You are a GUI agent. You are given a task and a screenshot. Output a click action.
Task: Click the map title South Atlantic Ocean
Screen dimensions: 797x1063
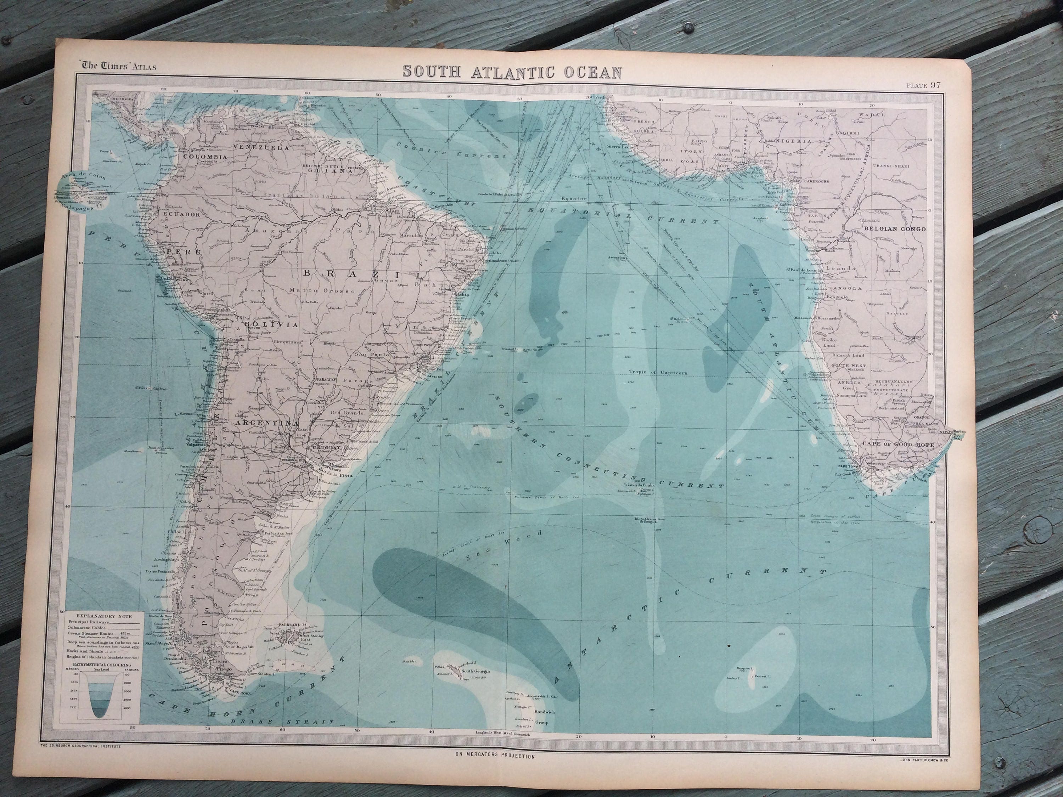point(512,72)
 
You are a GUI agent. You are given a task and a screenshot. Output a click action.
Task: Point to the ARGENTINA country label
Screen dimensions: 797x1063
point(265,423)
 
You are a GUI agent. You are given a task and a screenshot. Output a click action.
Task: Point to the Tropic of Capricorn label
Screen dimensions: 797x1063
point(658,372)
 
